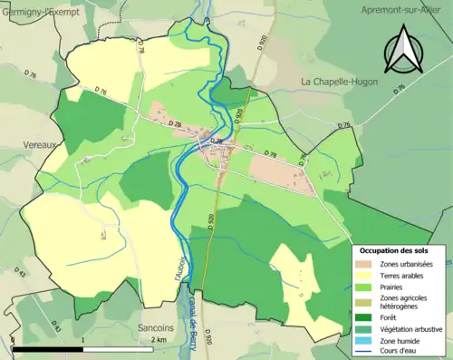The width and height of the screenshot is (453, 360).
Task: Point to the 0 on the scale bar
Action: click(x=14, y=340)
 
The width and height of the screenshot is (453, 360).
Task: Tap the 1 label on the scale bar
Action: click(x=82, y=340)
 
